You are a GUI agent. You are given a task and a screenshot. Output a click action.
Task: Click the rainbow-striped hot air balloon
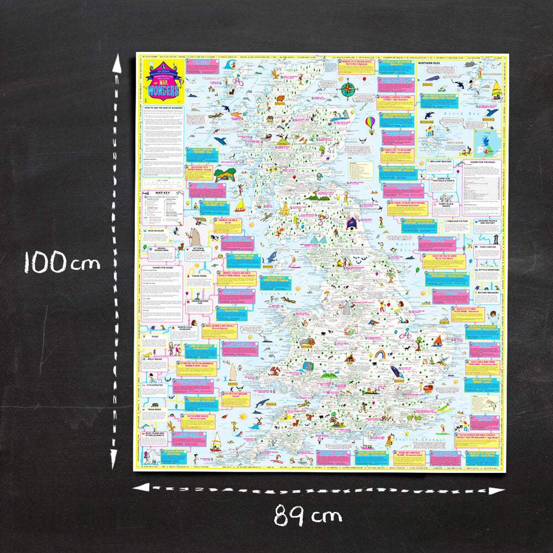(x=369, y=121)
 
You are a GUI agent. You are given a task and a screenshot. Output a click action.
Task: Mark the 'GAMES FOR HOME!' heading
(x=162, y=269)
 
